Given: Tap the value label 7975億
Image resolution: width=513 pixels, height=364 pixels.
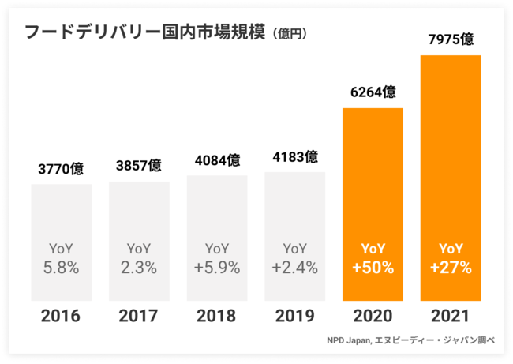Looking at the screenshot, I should click(451, 39).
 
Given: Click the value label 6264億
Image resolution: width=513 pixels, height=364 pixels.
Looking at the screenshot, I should click(373, 92).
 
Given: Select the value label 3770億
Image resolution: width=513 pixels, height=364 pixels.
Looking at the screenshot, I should click(61, 169).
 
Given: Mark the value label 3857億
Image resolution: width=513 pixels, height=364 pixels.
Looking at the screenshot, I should click(139, 166).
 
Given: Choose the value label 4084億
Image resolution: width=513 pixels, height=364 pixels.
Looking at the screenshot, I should click(217, 160).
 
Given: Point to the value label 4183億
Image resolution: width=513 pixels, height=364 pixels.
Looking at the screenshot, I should click(294, 156).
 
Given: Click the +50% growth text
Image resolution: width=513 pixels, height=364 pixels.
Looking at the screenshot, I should click(373, 268).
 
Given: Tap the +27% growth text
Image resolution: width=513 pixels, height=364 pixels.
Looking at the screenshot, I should click(451, 268).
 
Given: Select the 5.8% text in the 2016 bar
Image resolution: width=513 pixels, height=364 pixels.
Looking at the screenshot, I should click(61, 268).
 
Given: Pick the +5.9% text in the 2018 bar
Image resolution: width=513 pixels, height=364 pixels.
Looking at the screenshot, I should click(217, 268).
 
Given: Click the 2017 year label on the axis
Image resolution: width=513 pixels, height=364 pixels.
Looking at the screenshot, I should click(139, 317).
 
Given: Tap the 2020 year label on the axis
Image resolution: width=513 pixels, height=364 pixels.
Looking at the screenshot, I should click(373, 317).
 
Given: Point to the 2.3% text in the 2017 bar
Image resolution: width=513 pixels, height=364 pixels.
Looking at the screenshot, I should click(139, 268).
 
